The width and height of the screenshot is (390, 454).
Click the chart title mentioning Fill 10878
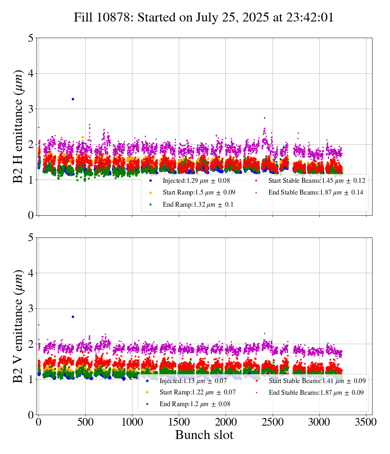[204, 17]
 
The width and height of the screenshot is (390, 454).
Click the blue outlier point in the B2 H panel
[73, 99]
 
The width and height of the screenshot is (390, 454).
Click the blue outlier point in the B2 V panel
[73, 317]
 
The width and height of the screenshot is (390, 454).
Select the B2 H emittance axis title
[18, 126]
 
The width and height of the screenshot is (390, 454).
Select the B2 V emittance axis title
[18, 326]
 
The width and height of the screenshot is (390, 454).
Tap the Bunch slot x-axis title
[204, 435]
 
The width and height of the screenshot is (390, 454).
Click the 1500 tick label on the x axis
[179, 422]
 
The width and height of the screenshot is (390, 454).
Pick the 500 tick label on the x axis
[85, 422]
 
